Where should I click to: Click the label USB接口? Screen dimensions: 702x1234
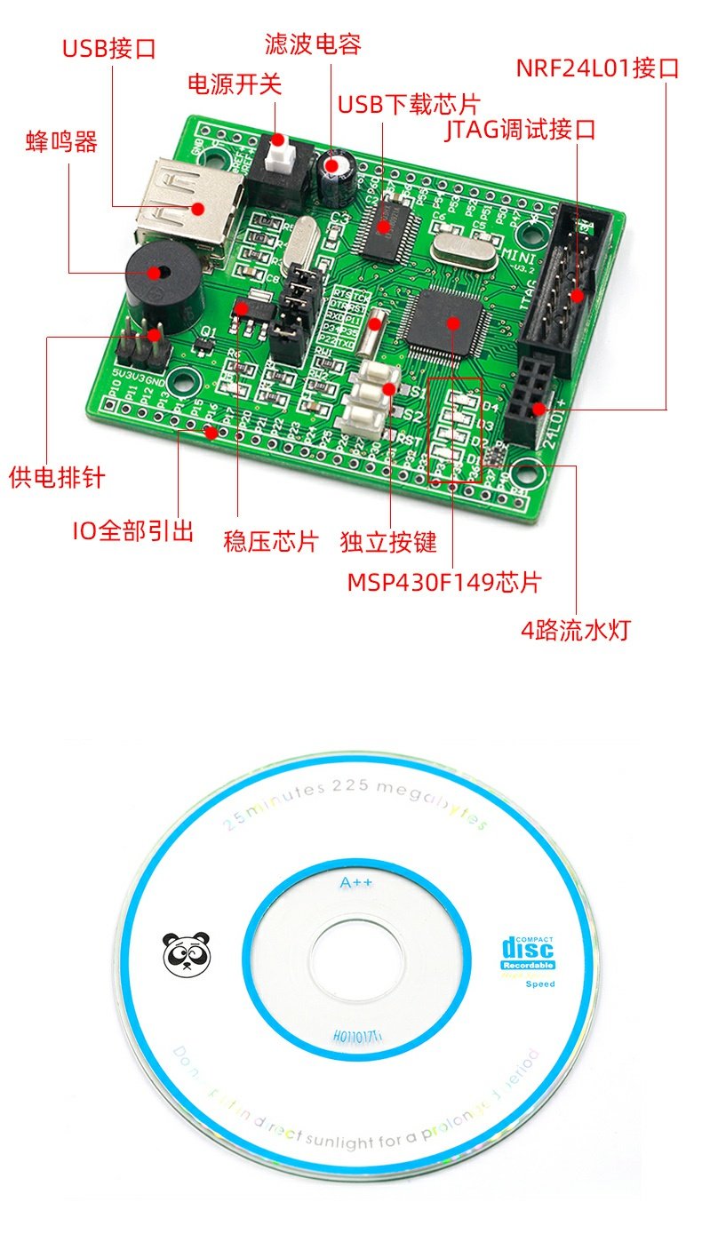(x=108, y=48)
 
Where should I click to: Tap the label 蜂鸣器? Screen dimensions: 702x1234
(x=61, y=141)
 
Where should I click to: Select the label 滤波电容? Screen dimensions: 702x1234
(x=313, y=44)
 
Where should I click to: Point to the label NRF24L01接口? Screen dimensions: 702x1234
(x=597, y=68)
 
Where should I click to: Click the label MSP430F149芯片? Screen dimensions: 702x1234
(x=443, y=583)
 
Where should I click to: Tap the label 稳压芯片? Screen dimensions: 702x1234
(x=270, y=542)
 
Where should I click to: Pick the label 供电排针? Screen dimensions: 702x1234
(x=57, y=477)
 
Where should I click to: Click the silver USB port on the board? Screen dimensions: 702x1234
(x=189, y=206)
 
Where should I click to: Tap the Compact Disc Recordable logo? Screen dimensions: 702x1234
(x=528, y=953)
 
